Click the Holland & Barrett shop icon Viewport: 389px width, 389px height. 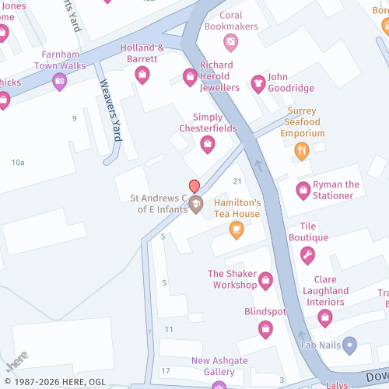[x=142, y=75]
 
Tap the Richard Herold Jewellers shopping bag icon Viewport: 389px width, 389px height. [x=190, y=76]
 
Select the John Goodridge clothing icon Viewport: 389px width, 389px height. [x=258, y=83]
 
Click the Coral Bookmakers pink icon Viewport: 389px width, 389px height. [x=230, y=41]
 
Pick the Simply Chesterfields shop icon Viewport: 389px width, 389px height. [x=208, y=144]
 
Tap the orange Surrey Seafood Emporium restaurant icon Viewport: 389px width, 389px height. [x=302, y=151]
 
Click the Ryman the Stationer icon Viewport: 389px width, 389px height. [x=303, y=190]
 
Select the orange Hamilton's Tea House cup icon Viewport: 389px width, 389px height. [x=237, y=230]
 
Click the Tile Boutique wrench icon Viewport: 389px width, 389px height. [x=307, y=254]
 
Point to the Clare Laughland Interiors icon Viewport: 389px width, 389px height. [x=325, y=317]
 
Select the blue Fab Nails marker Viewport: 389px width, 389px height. [x=349, y=343]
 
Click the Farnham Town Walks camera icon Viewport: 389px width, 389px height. [x=59, y=81]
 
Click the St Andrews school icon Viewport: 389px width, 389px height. [x=196, y=205]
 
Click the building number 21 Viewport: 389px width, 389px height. [x=237, y=181]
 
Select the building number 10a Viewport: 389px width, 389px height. [x=18, y=162]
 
